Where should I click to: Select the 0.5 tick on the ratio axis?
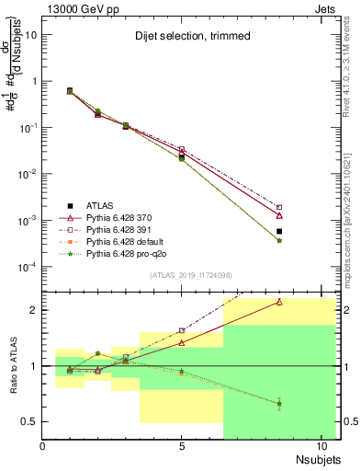[29, 422]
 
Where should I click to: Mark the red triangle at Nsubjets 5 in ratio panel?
[182, 342]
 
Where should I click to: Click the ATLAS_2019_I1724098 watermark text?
[182, 275]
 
